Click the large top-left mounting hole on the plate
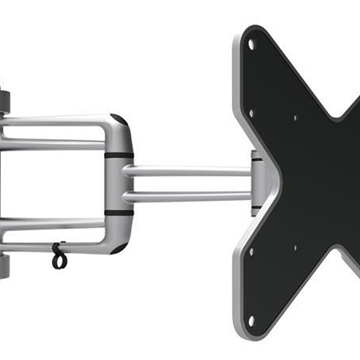click(252, 44)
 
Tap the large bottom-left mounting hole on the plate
click(251, 321)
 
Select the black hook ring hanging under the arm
click(59, 258)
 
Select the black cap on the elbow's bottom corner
click(119, 246)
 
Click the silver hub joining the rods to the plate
click(257, 183)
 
